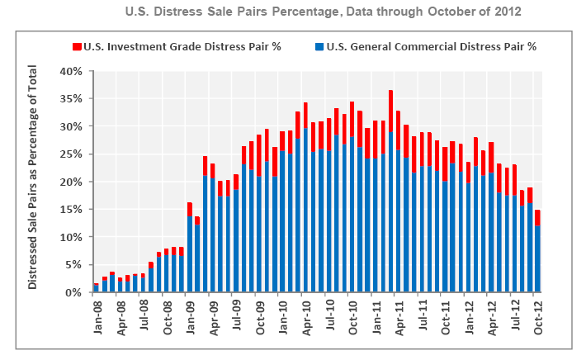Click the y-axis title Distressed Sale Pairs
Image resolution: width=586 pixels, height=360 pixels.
[34, 181]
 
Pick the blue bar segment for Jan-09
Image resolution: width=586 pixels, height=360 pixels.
[190, 253]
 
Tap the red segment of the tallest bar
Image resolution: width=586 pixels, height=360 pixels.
[390, 111]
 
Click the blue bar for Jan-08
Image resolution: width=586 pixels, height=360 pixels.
[96, 289]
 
